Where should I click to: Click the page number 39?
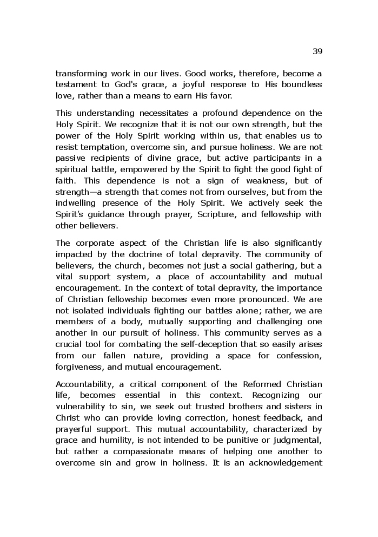tap(317, 51)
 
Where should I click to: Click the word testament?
tap(75, 84)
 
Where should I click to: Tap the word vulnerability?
tap(84, 407)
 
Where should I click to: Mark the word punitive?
tap(254, 440)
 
